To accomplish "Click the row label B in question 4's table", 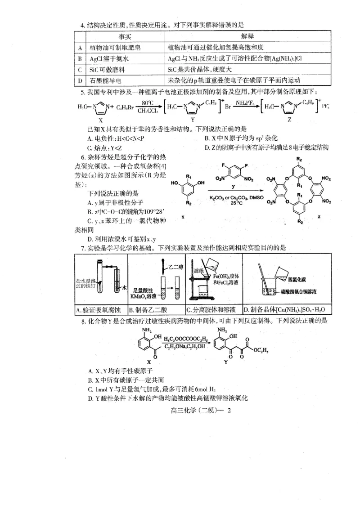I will (80, 59).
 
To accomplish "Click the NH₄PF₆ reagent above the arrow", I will (243, 103).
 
